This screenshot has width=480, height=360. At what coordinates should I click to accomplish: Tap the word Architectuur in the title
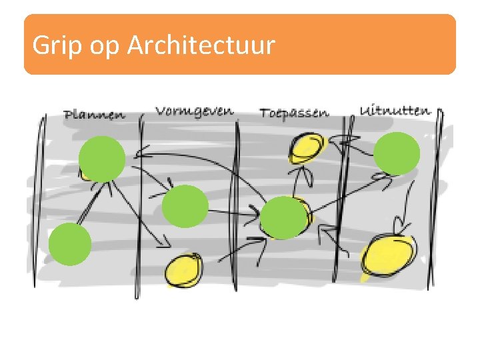coord(201,45)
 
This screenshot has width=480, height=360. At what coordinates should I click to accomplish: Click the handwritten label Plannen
coord(94,115)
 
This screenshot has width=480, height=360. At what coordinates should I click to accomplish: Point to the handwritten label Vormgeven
coord(195,111)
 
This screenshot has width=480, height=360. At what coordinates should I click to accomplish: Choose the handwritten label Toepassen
coord(294,113)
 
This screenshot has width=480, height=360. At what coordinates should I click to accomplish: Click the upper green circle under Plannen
coord(102,158)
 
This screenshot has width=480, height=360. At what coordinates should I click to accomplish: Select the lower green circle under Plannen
coord(70,244)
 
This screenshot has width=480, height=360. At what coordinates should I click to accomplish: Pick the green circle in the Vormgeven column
coord(185,206)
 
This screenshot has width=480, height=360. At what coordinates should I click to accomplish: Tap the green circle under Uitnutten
coord(397,154)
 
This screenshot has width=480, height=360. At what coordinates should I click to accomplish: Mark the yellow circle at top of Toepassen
coord(307,147)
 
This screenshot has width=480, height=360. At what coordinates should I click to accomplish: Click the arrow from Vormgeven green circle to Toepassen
coord(233,214)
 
